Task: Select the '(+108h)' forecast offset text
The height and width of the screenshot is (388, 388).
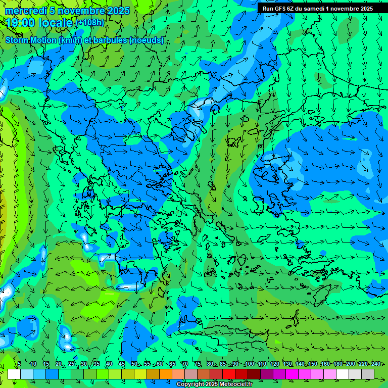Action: coord(89,22)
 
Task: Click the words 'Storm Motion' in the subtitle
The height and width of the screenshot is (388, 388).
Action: coord(31,40)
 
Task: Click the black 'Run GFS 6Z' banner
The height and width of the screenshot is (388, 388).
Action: coord(317,8)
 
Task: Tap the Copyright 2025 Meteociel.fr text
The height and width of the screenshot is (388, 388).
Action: coord(214,384)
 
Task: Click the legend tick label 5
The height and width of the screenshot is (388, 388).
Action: coord(19,364)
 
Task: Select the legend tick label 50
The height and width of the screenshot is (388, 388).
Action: coord(134,364)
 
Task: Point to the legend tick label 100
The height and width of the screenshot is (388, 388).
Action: coord(249,364)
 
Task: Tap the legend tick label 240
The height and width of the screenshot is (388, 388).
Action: coord(376,364)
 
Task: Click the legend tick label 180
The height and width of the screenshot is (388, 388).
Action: coord(337,364)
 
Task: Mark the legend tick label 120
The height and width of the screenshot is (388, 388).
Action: coord(274,364)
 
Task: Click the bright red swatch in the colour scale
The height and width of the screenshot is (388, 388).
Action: coord(229,374)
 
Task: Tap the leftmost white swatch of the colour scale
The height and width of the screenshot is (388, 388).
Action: coord(14,374)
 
